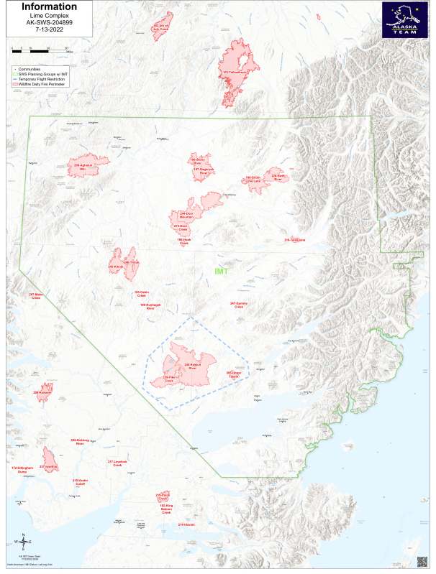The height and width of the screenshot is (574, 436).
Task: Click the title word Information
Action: (x=48, y=7)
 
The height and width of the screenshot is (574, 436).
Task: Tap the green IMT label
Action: (x=221, y=272)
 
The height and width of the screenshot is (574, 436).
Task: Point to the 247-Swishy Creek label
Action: (x=238, y=305)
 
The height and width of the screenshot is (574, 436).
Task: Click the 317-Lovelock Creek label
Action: (x=117, y=463)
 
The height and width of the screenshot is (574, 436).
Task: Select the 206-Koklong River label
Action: (x=80, y=442)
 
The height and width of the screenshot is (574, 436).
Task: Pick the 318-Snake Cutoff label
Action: (x=79, y=481)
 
